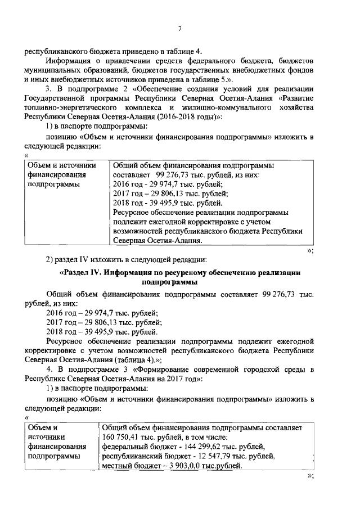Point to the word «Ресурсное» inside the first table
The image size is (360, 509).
pyautogui.click(x=131, y=213)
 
